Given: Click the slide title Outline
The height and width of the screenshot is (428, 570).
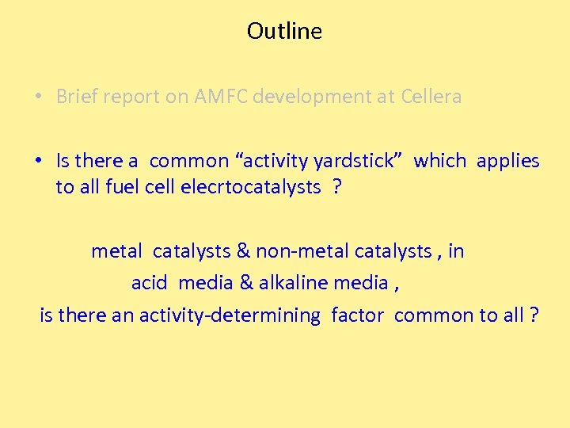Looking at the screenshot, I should pos(284,31).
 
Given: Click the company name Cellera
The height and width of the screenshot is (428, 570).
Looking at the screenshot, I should pos(431,97).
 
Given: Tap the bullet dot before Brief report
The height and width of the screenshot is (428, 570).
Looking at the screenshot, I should pos(38,97).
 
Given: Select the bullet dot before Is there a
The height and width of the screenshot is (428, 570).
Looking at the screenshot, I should pos(38,161).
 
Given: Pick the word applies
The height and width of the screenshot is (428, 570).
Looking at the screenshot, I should pos(508,161).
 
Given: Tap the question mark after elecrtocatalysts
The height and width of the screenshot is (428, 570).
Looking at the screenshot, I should pos(338,187).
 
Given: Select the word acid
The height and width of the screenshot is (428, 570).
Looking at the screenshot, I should pos(149,283).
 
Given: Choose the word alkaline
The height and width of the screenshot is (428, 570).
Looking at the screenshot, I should pos(293,283).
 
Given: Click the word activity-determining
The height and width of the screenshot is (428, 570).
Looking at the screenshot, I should pos(230,315).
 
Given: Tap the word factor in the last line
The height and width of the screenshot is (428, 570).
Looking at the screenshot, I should pos(357,315).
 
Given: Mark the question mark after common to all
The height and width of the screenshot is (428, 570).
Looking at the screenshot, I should pos(534,315).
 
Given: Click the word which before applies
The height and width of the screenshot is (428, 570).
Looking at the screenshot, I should pos(439,161).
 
